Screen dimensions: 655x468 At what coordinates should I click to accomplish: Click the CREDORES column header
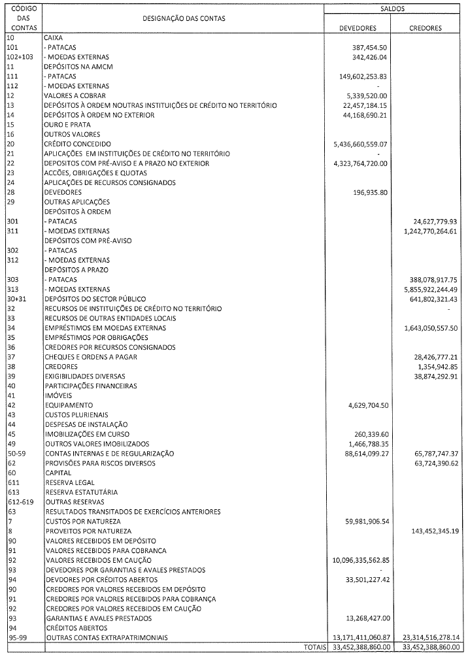(425, 28)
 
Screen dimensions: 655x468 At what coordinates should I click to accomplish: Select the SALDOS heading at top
(392, 9)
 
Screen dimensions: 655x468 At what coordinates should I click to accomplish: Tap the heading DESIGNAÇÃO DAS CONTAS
(184, 18)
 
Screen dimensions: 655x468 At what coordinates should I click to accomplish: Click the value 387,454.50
(370, 48)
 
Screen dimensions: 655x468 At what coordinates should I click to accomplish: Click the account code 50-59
(15, 453)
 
